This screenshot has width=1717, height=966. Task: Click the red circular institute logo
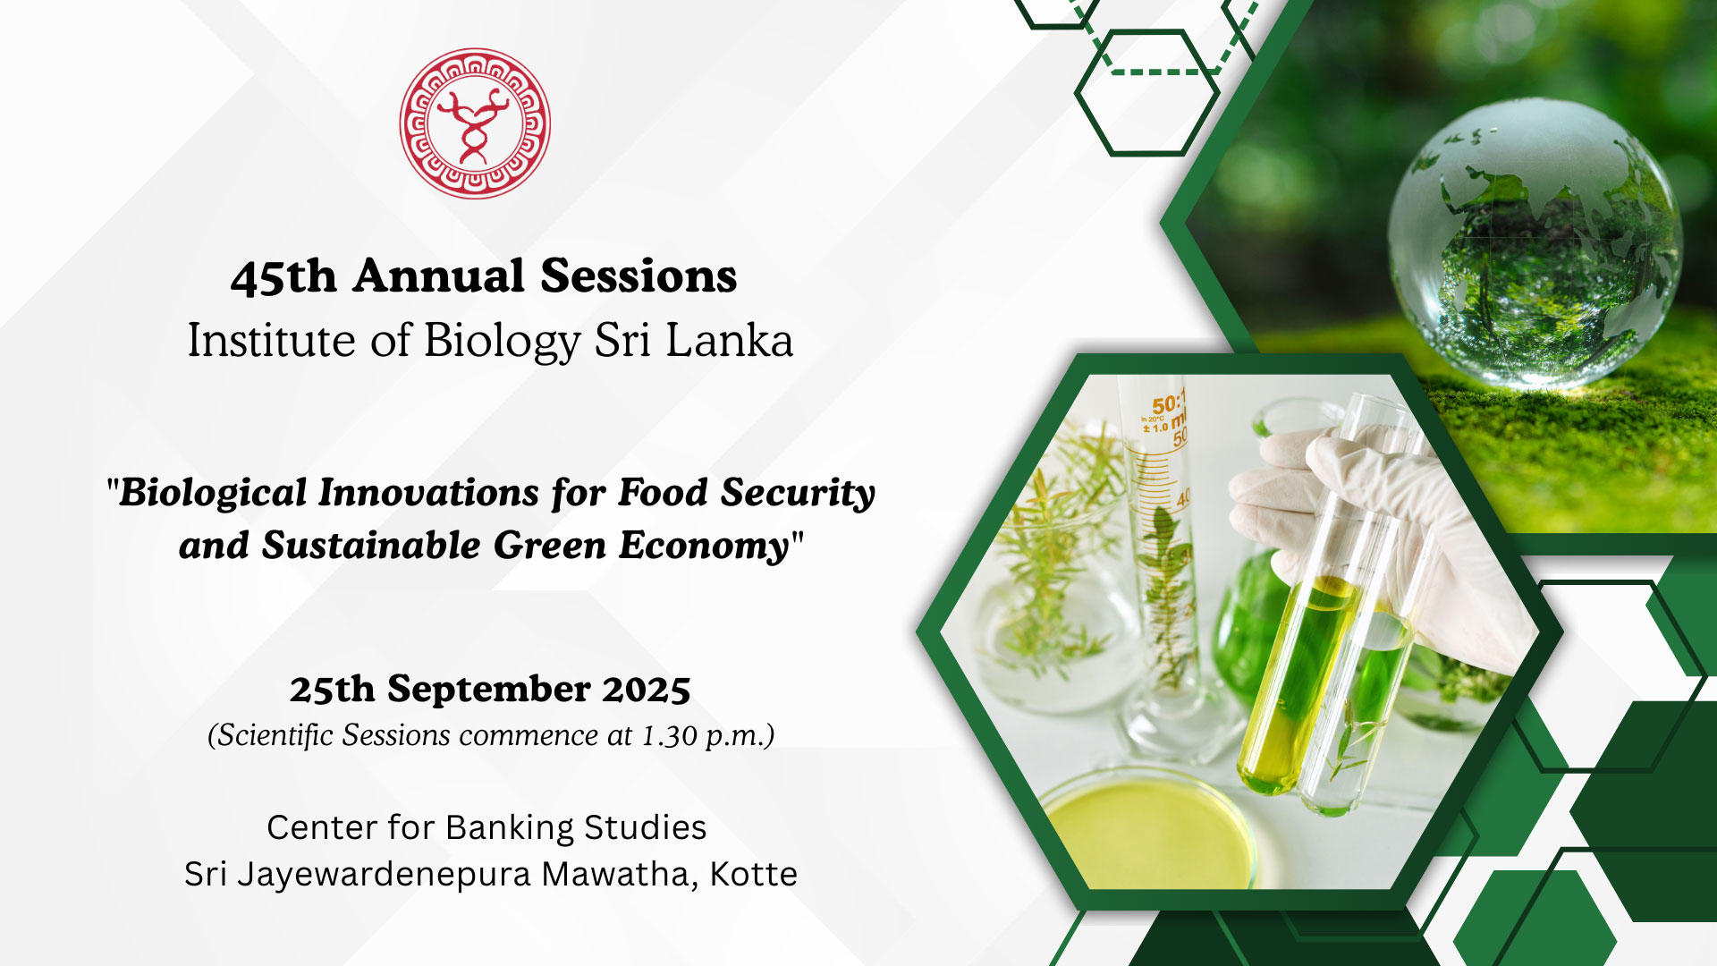[475, 123]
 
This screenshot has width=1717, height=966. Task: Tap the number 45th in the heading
[283, 276]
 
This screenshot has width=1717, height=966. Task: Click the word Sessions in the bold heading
[639, 275]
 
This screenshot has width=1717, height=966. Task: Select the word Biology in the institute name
[502, 342]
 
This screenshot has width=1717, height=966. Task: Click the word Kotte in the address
[753, 874]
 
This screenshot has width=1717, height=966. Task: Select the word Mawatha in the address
[620, 875]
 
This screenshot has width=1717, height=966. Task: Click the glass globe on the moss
[1535, 242]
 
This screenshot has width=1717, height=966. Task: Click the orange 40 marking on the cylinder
[1183, 498]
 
